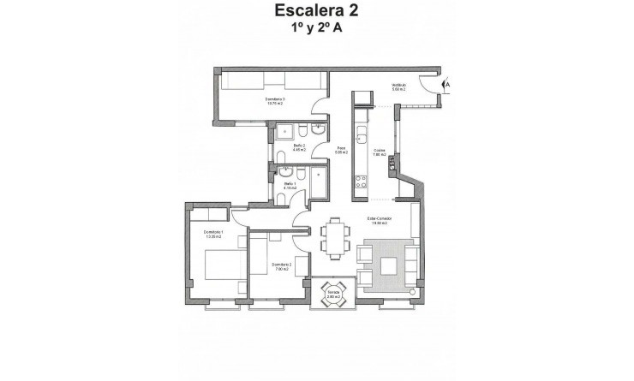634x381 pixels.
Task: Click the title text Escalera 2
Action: click(x=316, y=12)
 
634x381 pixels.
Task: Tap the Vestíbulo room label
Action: click(x=399, y=86)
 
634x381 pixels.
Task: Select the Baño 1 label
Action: click(x=290, y=185)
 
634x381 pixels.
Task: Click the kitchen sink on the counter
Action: click(x=362, y=139)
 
